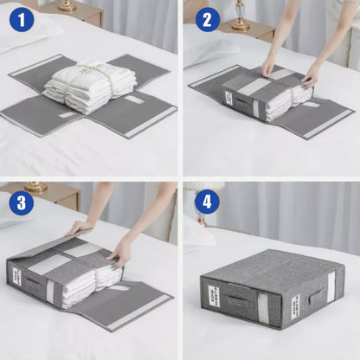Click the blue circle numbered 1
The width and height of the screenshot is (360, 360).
22,19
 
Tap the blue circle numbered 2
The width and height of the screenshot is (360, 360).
208,19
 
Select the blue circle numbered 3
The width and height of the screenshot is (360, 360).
22,202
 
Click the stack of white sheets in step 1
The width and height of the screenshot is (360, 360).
89,84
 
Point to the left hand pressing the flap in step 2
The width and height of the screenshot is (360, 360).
268,67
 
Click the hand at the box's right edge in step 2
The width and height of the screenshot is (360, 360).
309,78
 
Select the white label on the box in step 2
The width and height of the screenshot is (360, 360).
228,98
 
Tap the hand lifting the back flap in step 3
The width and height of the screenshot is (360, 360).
78,228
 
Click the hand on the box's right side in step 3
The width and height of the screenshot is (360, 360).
119,254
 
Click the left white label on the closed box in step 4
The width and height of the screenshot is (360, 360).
214,296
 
